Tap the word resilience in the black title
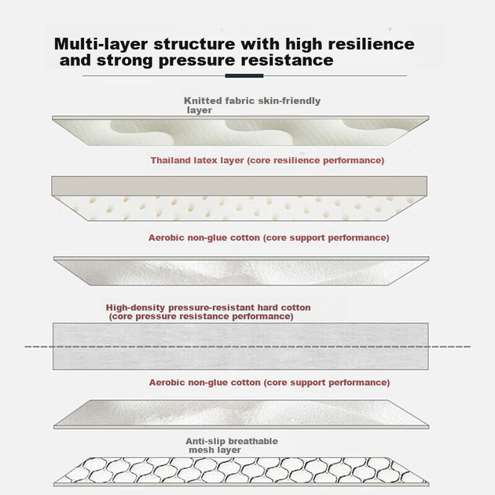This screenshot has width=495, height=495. pyautogui.click(x=371, y=43)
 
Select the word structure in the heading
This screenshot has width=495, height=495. pyautogui.click(x=194, y=44)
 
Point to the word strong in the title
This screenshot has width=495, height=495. pyautogui.click(x=125, y=60)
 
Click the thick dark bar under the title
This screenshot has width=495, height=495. pyautogui.click(x=244, y=75)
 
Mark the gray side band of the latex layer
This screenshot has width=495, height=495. pyautogui.click(x=240, y=186)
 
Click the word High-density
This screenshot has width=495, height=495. pyautogui.click(x=135, y=307)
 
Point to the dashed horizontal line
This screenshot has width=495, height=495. pyautogui.click(x=247, y=346)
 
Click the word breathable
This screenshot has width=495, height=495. pyautogui.click(x=253, y=441)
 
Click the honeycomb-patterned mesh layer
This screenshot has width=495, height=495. pyautogui.click(x=241, y=471)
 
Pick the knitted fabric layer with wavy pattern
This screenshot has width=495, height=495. pyautogui.click(x=240, y=130)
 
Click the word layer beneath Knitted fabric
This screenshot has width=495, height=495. pyautogui.click(x=200, y=110)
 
